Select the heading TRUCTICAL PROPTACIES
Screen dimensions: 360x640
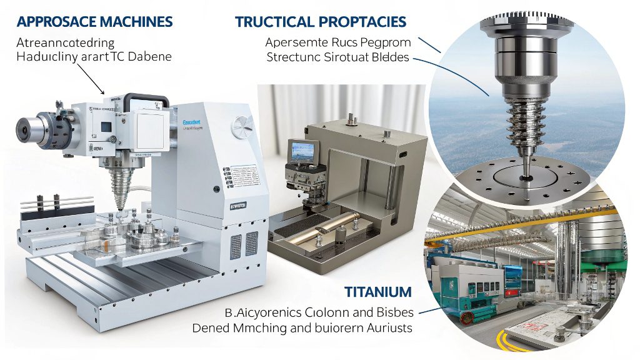[321, 22]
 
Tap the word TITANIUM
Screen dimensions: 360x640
[378, 292]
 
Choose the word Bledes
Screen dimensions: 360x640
[386, 57]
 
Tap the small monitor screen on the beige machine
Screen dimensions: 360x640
[302, 151]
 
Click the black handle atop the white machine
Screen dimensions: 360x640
[147, 100]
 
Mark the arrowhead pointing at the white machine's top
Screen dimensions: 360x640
[104, 92]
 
